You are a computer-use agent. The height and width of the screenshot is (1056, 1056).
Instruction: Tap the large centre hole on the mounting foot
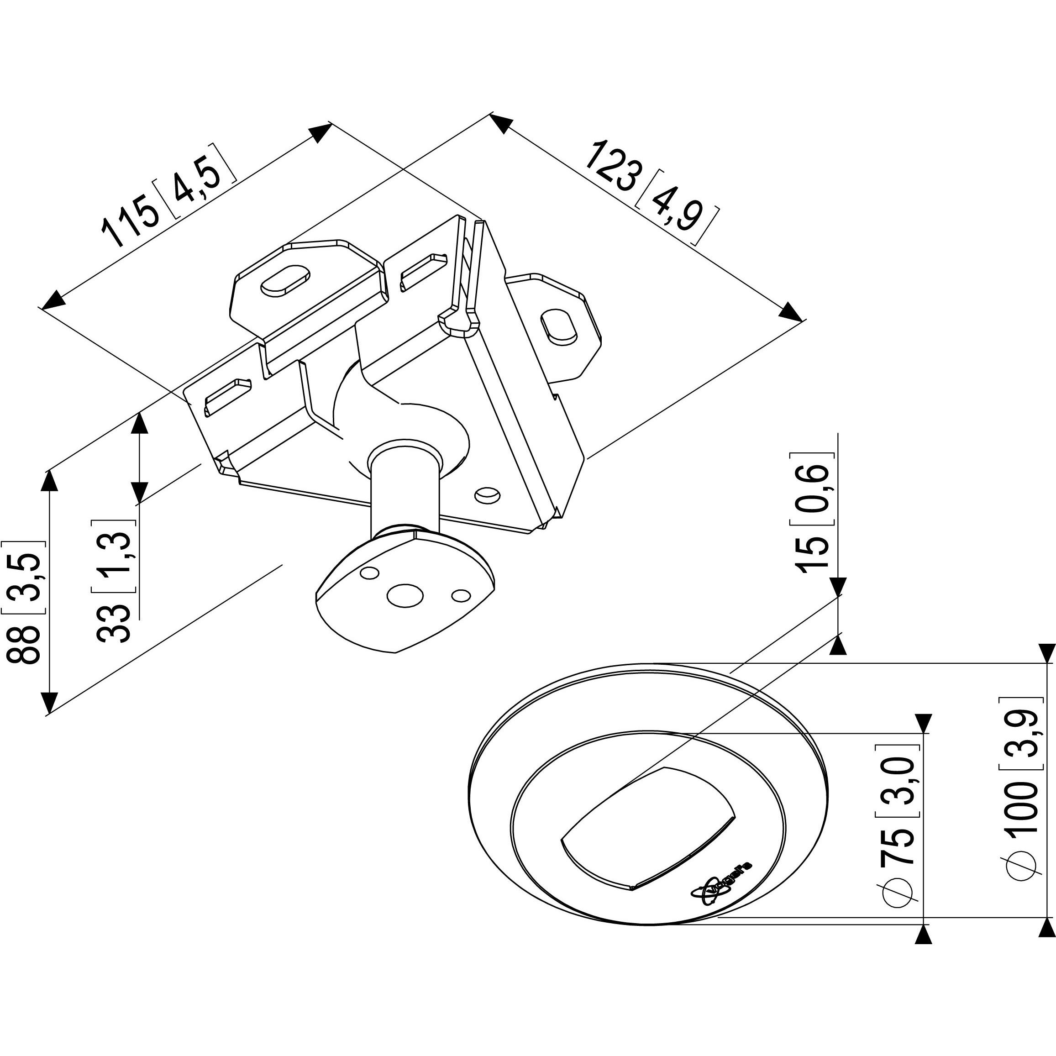[405, 595]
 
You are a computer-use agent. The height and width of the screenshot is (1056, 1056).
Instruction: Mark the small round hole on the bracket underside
[487, 495]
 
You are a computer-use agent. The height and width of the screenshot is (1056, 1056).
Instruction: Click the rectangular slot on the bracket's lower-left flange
[228, 394]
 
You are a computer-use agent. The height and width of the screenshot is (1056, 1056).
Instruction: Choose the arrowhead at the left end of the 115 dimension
[53, 300]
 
